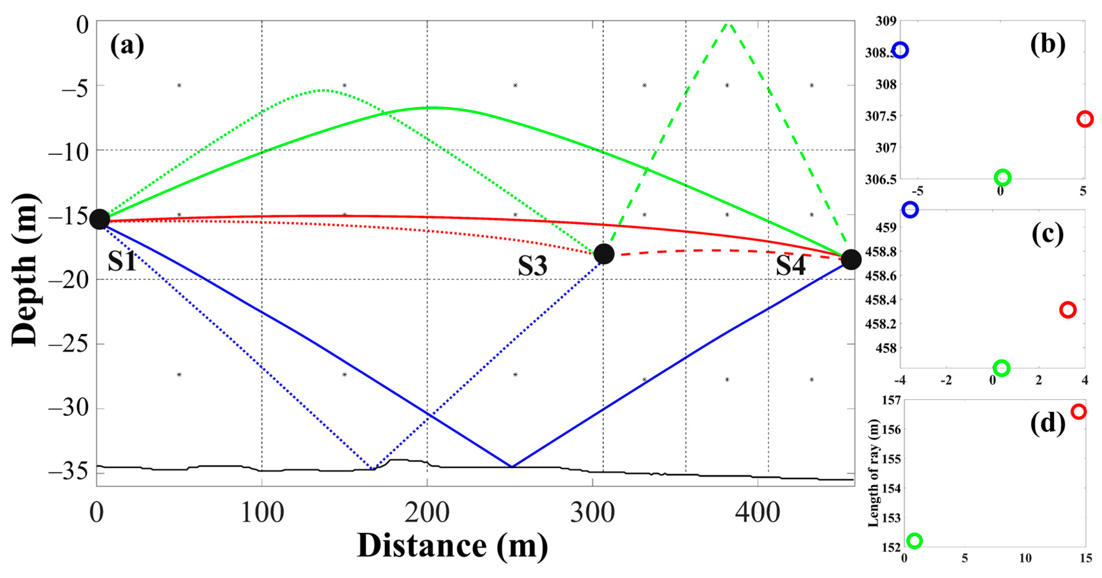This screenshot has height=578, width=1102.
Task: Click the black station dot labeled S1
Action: (100, 219)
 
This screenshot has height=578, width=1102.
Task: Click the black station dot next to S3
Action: (604, 254)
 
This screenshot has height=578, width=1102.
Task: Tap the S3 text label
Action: (532, 266)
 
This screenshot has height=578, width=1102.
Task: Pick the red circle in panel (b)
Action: (1084, 119)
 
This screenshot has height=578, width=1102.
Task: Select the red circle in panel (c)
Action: (1068, 310)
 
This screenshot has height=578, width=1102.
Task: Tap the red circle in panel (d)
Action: (1078, 411)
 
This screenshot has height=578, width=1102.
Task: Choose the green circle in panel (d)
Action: (914, 540)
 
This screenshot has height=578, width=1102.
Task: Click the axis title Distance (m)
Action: (452, 546)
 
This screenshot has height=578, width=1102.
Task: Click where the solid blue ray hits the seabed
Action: (512, 466)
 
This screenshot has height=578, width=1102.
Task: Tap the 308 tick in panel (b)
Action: (885, 84)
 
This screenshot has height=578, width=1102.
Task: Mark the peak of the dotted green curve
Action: (323, 90)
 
